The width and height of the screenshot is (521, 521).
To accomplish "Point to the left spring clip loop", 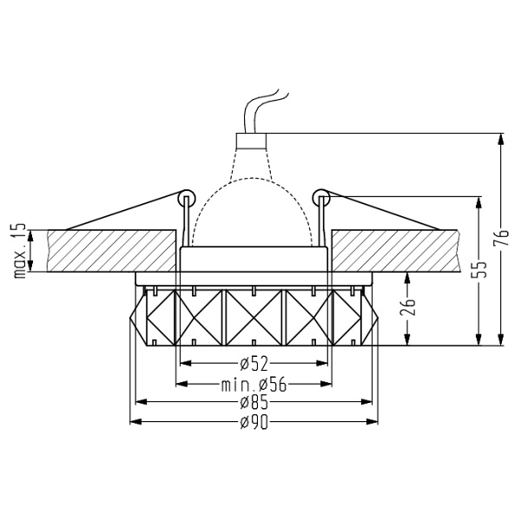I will [184, 197].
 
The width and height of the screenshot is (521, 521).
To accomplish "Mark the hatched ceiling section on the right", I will [395, 249].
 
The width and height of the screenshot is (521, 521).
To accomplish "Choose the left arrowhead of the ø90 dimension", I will [133, 422].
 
